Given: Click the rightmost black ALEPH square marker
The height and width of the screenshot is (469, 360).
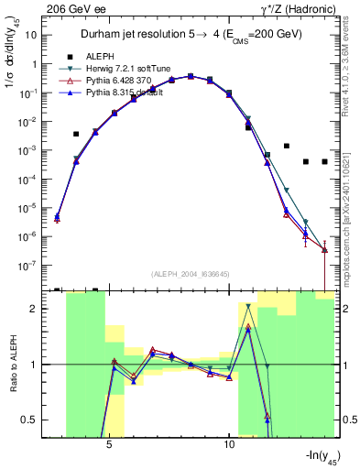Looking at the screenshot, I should tap(324, 161).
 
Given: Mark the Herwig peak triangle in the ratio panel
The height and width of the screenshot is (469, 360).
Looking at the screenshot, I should tap(248, 306).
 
